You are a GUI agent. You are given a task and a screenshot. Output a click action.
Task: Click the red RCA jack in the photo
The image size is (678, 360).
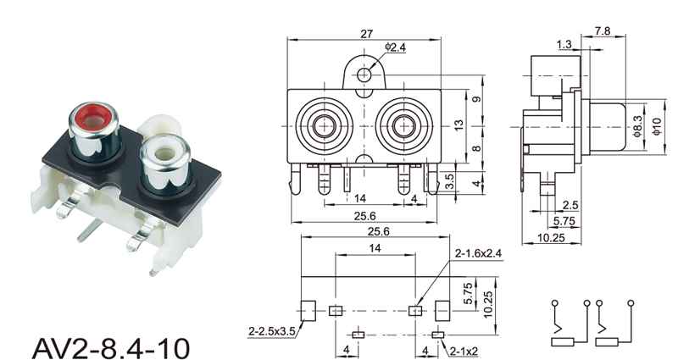tap(94, 131)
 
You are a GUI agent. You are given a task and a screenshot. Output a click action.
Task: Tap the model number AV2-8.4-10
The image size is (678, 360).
tap(111, 347)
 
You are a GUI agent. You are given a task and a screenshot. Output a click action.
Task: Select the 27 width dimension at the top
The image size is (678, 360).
tap(366, 34)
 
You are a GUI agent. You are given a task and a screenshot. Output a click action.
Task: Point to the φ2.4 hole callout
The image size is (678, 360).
tap(395, 47)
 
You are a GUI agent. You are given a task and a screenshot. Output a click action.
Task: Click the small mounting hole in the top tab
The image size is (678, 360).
tap(364, 75)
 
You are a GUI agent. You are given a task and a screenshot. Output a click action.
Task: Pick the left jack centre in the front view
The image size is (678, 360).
tap(325, 125)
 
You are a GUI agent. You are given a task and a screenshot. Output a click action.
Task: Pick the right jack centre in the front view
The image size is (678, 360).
tap(404, 125)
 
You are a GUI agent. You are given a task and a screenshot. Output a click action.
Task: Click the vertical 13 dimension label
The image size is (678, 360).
tap(458, 125)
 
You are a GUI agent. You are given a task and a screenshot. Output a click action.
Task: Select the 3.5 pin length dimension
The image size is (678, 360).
tap(450, 181)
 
